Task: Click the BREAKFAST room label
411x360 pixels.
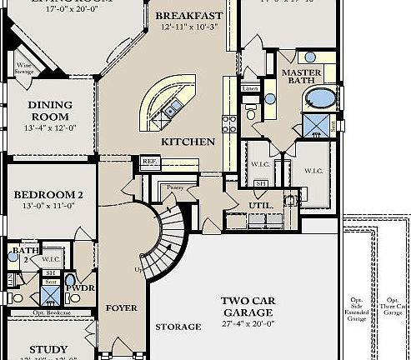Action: tap(188, 16)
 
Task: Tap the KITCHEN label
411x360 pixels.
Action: tap(188, 142)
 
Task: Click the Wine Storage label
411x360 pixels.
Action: tap(24, 67)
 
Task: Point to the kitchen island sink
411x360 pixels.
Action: tap(172, 109)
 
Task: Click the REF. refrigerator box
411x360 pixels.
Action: tap(149, 162)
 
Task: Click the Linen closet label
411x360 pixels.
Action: tap(249, 88)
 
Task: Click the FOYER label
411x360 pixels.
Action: tap(122, 308)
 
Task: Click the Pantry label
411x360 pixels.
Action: tap(174, 187)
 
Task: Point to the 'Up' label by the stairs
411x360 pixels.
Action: tap(137, 269)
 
